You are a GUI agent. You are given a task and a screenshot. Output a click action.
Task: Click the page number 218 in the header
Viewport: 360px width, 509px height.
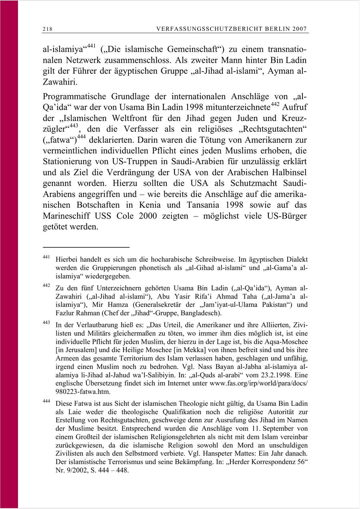(48, 29)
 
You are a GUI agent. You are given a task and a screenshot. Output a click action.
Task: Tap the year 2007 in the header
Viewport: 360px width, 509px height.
(300, 29)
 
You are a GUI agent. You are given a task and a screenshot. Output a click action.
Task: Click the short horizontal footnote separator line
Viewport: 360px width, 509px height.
(86, 247)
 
